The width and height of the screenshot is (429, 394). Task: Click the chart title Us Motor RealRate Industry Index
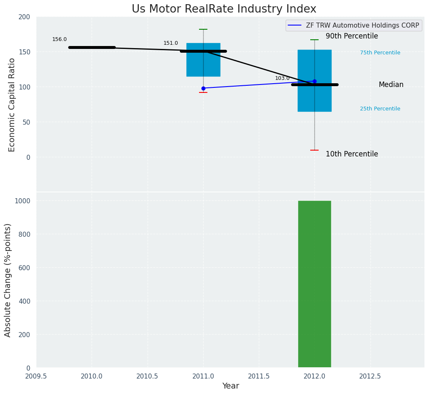(x=224, y=9)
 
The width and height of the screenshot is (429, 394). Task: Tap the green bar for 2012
(x=314, y=284)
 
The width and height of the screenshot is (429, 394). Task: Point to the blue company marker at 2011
(x=203, y=88)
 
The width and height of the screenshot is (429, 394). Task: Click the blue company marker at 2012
(x=314, y=81)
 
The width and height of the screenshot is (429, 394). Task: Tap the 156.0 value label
(x=59, y=39)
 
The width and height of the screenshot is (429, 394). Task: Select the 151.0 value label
(x=171, y=43)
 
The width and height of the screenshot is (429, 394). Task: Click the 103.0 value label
(x=282, y=78)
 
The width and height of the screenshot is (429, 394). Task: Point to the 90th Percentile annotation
(x=352, y=36)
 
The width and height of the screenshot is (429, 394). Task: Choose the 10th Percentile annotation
(x=352, y=154)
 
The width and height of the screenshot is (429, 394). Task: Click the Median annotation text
(x=391, y=85)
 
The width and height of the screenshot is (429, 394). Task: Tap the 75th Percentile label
(x=380, y=53)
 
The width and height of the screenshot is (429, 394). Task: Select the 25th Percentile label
(x=380, y=109)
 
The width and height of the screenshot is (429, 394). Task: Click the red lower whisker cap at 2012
(x=314, y=150)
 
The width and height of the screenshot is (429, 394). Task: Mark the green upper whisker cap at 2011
(x=203, y=29)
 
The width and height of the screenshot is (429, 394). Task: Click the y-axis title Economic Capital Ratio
(x=12, y=105)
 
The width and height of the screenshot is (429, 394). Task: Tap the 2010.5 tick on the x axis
(x=148, y=376)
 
